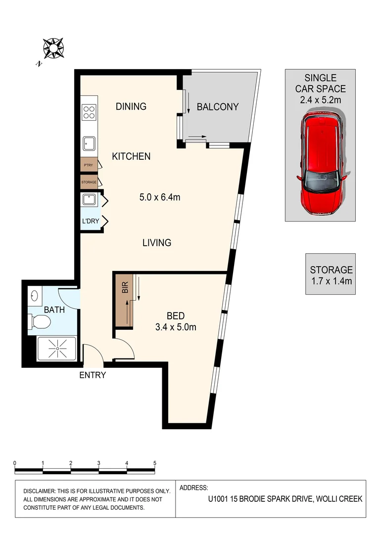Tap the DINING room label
tap(131, 106)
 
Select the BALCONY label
tap(218, 107)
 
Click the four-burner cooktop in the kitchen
tap(89, 113)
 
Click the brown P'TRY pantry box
tap(89, 165)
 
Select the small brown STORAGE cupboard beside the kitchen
tap(89, 182)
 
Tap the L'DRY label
tap(91, 221)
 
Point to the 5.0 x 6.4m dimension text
tap(159, 197)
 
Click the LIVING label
tap(157, 243)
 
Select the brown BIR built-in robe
tap(125, 302)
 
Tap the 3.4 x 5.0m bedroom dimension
tap(176, 327)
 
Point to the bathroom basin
tap(34, 296)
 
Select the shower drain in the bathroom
tap(57, 349)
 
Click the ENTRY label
tap(93, 375)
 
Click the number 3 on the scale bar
tap(99, 463)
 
